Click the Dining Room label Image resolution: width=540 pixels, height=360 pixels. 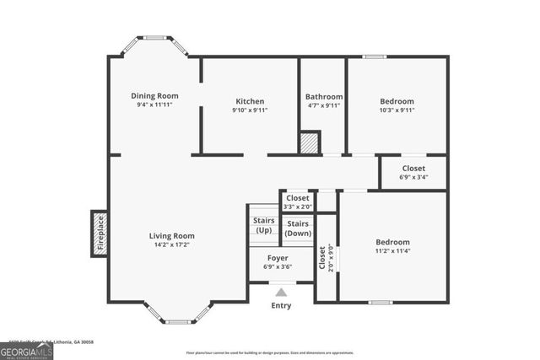coord(154,95)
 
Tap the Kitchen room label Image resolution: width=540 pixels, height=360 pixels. coord(250,100)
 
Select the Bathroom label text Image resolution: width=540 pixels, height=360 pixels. coord(324,97)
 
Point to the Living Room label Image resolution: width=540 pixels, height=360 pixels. coord(172,235)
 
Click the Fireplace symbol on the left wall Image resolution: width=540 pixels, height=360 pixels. coord(99,234)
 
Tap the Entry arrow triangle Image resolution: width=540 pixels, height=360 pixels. coord(281,292)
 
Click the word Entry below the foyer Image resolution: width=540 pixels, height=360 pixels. coord(281,305)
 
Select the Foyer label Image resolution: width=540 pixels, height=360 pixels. coord(278,257)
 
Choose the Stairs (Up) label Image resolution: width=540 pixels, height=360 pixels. coord(263,225)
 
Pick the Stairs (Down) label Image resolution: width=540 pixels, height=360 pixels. coord(297,228)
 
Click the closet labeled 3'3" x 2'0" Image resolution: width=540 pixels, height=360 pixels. coord(297,202)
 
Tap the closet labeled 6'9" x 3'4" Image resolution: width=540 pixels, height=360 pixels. coord(413,172)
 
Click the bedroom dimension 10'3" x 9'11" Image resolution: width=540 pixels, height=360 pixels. coord(397,110)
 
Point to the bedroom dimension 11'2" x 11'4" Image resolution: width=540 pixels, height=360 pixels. coord(392,250)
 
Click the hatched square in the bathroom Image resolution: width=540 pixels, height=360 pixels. coord(310,143)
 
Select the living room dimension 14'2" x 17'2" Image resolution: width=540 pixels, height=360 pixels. coord(172,245)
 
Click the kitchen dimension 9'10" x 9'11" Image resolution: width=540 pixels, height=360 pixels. coord(250,110)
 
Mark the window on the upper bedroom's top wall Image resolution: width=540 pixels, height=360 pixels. coord(375,56)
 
